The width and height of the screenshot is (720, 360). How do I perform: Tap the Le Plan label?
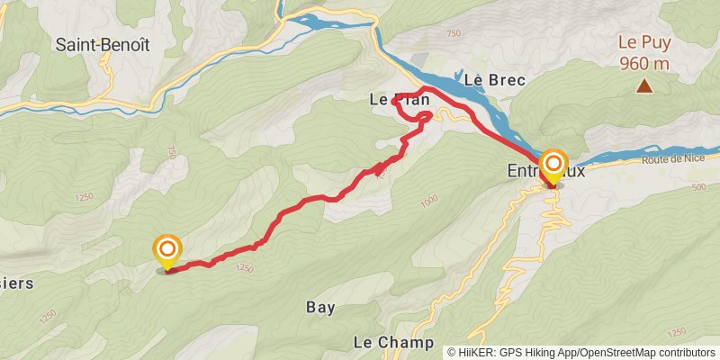tap(399, 101)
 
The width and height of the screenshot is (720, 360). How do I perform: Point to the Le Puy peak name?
tap(644, 42)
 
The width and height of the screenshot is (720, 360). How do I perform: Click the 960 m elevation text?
tap(644, 63)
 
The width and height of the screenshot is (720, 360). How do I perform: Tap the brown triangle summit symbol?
tap(644, 86)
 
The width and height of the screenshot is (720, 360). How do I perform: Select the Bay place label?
tap(320, 308)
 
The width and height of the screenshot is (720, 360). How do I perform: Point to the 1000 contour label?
tap(427, 202)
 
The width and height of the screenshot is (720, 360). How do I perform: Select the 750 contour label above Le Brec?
tap(453, 34)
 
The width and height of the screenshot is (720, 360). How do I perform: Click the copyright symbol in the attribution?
tap(452, 351)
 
